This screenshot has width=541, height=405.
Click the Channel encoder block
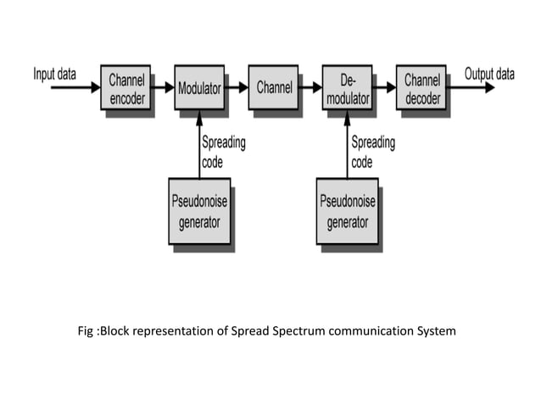[x=125, y=87]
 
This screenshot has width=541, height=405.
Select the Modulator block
[x=199, y=87]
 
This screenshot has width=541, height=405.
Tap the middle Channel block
[x=274, y=87]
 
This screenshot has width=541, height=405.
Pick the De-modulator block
[x=348, y=87]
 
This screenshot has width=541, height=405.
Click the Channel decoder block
[x=421, y=87]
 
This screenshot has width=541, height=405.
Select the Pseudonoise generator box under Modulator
[x=199, y=211]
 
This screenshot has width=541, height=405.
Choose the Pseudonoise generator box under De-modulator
[x=348, y=211]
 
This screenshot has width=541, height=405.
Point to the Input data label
[x=54, y=74]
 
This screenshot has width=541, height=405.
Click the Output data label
[x=489, y=74]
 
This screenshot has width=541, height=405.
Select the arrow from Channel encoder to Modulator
[x=163, y=87]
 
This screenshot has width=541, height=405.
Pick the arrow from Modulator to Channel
[x=237, y=87]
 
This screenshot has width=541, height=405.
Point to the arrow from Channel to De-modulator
[x=310, y=87]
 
